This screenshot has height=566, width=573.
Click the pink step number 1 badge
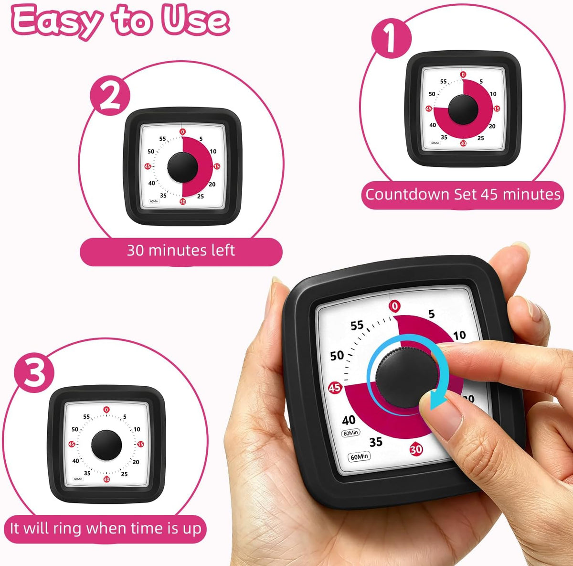392,38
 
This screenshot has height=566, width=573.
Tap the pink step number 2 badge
110,96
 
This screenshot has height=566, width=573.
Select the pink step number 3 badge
34,372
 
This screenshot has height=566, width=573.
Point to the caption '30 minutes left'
181,250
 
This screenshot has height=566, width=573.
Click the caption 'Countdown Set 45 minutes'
463,195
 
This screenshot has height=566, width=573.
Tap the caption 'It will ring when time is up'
106,529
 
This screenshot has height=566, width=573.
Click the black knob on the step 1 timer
463,109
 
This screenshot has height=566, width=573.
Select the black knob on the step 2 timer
182,167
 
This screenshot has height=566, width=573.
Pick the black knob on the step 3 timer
106,445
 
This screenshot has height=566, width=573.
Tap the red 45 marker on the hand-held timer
335,388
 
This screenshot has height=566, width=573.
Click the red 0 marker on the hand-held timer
394,306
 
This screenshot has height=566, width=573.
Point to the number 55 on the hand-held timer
357,325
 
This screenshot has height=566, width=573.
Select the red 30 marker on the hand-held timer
416,449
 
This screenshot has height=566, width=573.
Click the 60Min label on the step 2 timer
154,201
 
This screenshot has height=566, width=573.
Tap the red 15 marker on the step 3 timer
141,444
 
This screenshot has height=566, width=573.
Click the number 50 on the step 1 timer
432,94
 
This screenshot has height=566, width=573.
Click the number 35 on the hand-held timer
376,442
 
